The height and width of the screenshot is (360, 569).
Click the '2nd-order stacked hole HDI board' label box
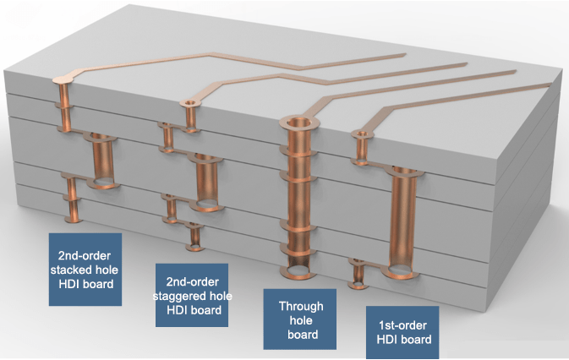[85, 270]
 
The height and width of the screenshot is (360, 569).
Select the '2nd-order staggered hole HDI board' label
[192, 295]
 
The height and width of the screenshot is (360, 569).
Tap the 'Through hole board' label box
[300, 319]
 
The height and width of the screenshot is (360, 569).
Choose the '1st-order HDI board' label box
[402, 332]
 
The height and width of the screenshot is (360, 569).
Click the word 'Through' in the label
[301, 307]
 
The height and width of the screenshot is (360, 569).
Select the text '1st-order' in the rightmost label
[402, 325]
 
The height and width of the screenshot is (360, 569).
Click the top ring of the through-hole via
[299, 123]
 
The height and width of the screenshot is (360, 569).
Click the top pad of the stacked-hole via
[63, 79]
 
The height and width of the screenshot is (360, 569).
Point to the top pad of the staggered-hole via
[190, 103]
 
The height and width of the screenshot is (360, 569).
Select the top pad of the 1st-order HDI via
[362, 134]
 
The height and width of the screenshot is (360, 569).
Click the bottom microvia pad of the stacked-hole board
[74, 220]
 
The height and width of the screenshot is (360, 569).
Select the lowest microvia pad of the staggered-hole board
[195, 248]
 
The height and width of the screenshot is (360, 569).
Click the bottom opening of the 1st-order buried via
[401, 271]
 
